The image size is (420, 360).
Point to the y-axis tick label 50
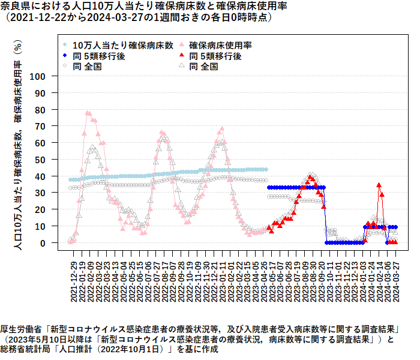tap(53, 160)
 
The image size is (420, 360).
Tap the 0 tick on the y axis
tap(55, 243)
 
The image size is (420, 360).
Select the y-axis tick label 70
tap(53, 127)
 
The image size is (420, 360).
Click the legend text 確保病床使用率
tap(220, 45)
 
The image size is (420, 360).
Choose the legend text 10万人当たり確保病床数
tap(123, 45)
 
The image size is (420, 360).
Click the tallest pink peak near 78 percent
tap(88, 113)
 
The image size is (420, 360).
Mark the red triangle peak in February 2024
tap(379, 185)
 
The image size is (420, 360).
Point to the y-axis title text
tap(17, 144)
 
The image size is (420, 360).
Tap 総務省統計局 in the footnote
tap(23, 350)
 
